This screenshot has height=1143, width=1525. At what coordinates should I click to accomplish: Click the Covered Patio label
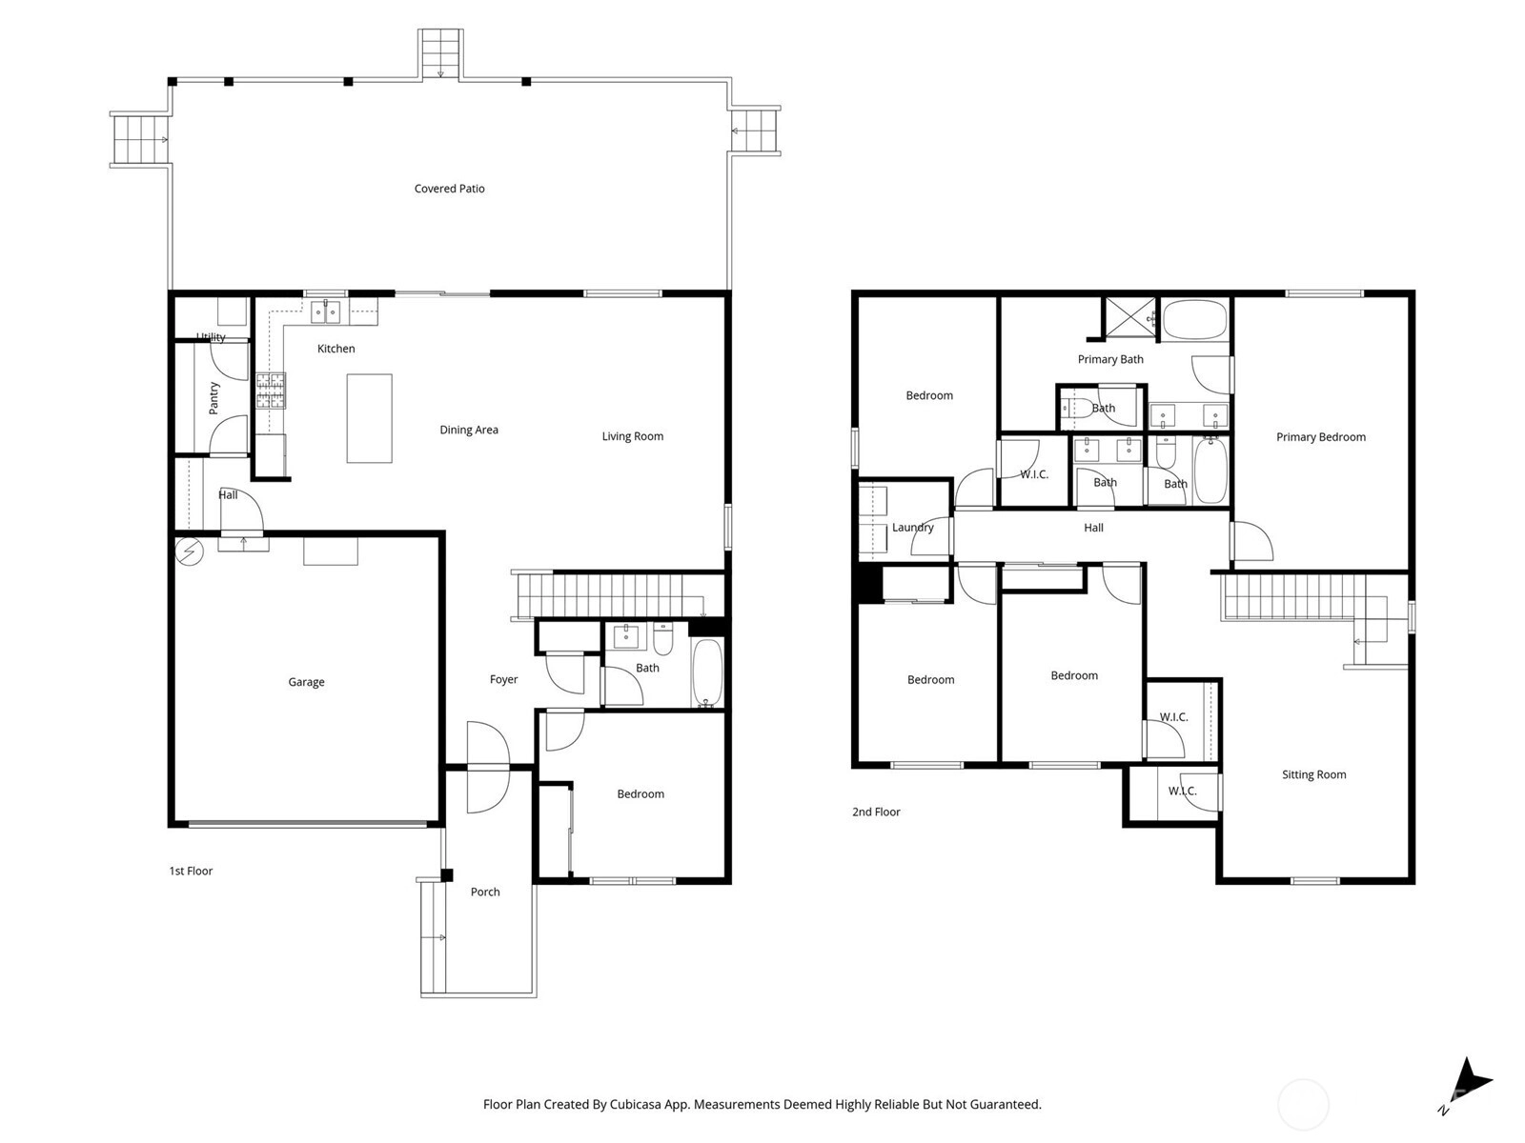(x=449, y=188)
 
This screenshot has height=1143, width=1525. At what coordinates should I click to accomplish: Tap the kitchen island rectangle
(x=369, y=418)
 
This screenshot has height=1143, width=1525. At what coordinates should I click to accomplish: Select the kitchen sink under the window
(x=324, y=312)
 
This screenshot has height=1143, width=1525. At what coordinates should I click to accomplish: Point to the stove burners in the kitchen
(x=271, y=391)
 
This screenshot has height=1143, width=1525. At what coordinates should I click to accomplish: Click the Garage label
(x=306, y=681)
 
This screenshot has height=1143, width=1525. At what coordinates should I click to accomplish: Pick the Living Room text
(x=632, y=436)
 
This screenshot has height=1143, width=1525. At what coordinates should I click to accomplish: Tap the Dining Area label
(x=468, y=430)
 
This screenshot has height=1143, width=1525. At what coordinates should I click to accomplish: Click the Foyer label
(x=503, y=679)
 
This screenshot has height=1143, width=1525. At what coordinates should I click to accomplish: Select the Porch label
(x=485, y=892)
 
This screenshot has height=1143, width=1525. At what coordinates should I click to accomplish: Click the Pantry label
(x=214, y=397)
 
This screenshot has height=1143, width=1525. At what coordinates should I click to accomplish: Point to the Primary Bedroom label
(x=1320, y=436)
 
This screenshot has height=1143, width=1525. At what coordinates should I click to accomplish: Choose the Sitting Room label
(x=1313, y=774)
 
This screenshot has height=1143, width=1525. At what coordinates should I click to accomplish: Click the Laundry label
(x=912, y=528)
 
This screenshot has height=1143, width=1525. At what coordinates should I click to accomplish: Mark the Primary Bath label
(x=1109, y=359)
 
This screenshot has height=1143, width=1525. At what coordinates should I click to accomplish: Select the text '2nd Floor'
(x=875, y=812)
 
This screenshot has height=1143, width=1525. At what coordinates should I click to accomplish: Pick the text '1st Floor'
(x=191, y=871)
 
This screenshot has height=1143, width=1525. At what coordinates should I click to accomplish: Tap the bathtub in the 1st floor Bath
(x=707, y=672)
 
